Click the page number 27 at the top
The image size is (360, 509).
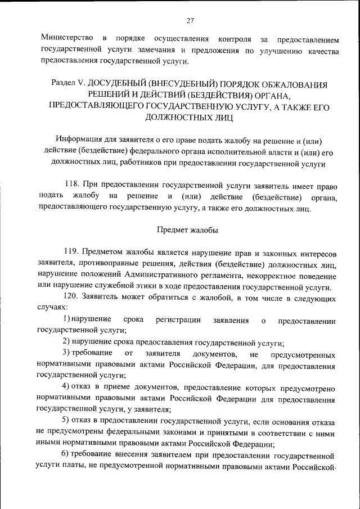point(190,21)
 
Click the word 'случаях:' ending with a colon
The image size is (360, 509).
point(52,307)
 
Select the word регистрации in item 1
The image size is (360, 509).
point(179,320)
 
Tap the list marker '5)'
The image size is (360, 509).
point(66,422)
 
